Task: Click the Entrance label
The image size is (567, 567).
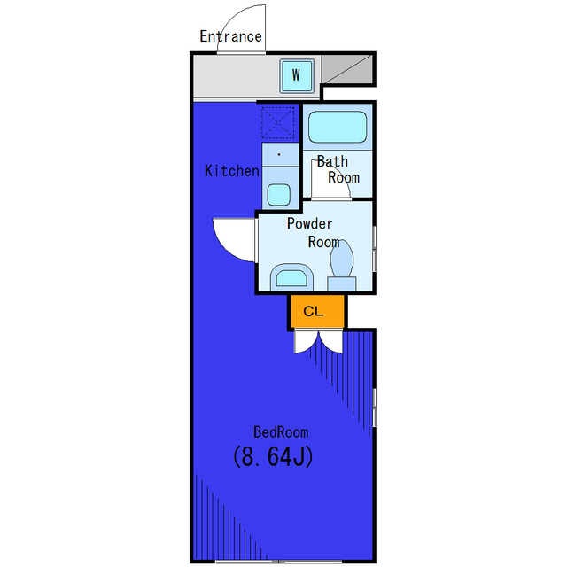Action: (230, 36)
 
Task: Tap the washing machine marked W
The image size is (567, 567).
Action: (297, 75)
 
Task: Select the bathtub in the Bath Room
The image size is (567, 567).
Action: (338, 127)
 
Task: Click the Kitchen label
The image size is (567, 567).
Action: (232, 171)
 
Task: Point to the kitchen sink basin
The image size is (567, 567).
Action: (278, 195)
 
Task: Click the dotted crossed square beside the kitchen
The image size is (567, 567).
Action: (277, 122)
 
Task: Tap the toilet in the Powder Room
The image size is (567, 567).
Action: (342, 266)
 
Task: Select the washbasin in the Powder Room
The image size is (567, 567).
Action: (291, 277)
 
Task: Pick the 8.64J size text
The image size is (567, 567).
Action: (273, 456)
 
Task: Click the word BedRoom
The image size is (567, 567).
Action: (281, 432)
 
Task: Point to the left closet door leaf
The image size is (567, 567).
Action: (307, 341)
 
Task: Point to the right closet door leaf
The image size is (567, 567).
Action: (331, 341)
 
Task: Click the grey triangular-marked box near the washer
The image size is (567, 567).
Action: (347, 69)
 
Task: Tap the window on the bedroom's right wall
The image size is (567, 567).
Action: (374, 408)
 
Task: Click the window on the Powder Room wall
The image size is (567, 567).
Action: (374, 249)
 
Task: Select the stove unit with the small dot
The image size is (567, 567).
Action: (280, 154)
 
